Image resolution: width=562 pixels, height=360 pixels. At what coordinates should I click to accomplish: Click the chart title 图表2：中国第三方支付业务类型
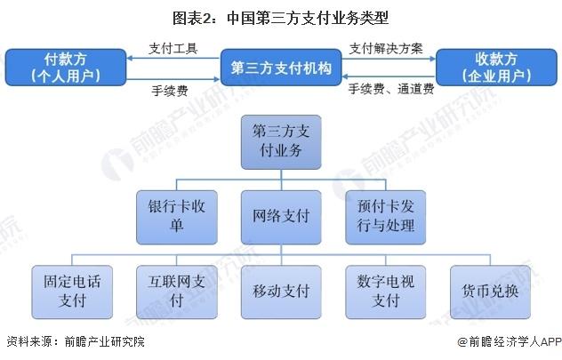coord(281,18)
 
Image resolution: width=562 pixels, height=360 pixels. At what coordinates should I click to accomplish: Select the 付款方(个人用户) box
coord(66,68)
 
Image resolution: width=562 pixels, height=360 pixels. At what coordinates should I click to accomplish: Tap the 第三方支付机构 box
coord(281,68)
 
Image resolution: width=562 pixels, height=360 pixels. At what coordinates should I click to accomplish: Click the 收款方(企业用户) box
coord(496,68)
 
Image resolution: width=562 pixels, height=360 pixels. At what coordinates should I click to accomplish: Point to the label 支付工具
coord(173,48)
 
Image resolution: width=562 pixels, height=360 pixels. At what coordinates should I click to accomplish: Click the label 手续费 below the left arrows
coord(170,91)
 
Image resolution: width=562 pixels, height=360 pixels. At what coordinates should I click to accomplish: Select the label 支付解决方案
coord(386,48)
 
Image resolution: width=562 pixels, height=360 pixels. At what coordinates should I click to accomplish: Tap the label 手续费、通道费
coord(391,89)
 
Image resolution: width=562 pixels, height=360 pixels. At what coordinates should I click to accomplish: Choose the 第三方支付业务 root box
coord(281,142)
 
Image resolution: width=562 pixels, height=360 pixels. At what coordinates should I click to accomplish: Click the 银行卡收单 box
coord(177,218)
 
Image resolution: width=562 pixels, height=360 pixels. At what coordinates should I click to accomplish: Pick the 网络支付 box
coord(281,218)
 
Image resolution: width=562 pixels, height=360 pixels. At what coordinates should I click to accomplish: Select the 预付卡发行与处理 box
coord(386,218)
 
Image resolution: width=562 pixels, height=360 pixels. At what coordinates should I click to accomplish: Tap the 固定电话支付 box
coord(72,292)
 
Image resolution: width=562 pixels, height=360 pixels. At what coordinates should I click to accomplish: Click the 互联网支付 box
coord(177,292)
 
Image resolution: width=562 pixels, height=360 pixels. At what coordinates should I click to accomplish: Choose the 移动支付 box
coord(281,292)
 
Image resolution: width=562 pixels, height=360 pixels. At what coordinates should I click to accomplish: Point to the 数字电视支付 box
coord(386,292)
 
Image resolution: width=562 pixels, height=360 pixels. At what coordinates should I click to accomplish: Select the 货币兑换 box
coord(490,292)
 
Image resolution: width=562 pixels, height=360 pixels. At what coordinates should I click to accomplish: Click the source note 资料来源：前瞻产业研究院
coord(76,341)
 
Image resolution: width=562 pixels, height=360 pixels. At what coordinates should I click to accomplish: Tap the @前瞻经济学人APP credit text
coord(510,341)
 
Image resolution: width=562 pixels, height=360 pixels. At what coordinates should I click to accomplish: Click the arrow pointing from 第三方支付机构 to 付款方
coord(173,58)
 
